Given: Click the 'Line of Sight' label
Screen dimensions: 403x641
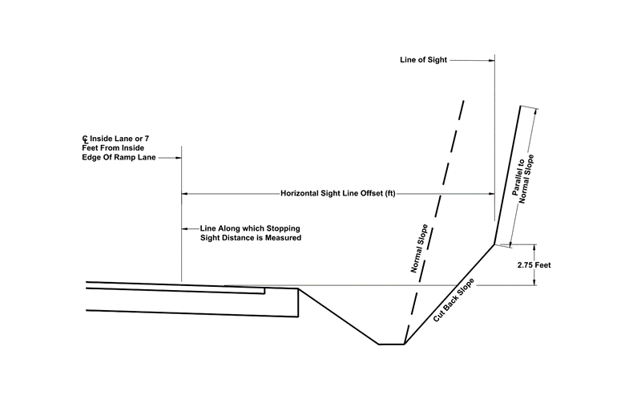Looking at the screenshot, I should [x=423, y=60].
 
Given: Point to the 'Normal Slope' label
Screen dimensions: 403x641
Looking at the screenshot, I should [x=417, y=251].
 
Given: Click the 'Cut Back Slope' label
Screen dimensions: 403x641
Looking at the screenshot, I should [x=454, y=300].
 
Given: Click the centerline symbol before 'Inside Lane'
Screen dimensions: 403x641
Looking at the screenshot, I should [x=74, y=140].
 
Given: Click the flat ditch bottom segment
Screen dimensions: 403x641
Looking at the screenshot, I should [x=391, y=345].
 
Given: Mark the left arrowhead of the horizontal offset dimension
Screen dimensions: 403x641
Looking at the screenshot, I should [x=186, y=193].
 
